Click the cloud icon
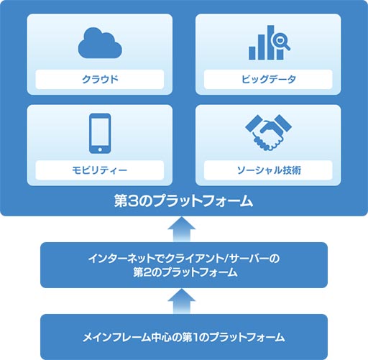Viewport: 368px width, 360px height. (x=100, y=43)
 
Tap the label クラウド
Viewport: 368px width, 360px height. (x=100, y=79)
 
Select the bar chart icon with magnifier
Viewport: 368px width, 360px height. (x=270, y=42)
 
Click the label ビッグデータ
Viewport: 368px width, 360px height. (x=269, y=79)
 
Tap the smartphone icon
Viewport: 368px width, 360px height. (x=100, y=133)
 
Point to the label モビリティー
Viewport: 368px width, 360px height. (x=100, y=170)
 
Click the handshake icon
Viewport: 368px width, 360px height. (x=269, y=132)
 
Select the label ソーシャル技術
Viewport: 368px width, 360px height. (x=269, y=170)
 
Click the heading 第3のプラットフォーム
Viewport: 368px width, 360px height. (x=183, y=200)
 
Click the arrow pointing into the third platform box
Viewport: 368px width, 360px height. (x=181, y=229)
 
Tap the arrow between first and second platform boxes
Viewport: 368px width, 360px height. (x=181, y=301)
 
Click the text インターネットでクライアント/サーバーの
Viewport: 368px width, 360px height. (x=184, y=259)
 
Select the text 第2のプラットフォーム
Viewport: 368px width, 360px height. (x=185, y=272)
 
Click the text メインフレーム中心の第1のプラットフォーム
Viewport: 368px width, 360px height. (x=184, y=337)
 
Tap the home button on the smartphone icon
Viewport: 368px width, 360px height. (x=100, y=149)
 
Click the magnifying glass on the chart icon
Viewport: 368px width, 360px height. (x=280, y=41)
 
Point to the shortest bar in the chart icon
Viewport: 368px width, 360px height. (x=252, y=53)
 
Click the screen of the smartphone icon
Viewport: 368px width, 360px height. (x=100, y=131)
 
